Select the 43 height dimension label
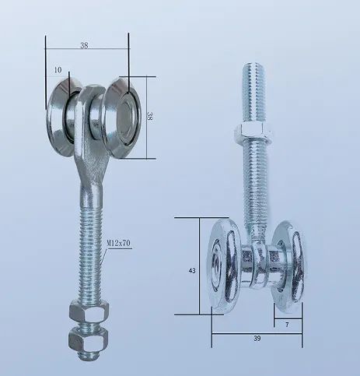pyautogui.click(x=192, y=270)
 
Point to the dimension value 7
pyautogui.click(x=288, y=322)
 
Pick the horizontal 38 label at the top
pyautogui.click(x=83, y=45)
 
